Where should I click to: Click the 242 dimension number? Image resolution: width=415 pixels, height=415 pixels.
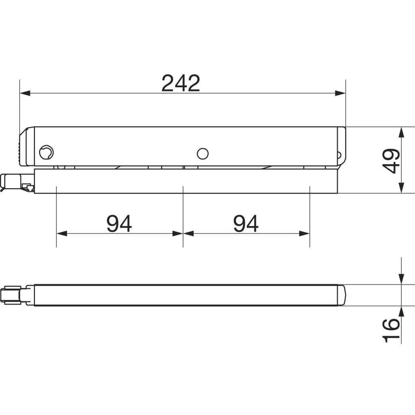coord(180,83)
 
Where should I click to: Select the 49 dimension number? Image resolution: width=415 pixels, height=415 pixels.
coord(391,161)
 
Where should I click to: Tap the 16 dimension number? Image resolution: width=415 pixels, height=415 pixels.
coord(391,330)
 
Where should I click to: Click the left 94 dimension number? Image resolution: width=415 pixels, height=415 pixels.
coord(119,223)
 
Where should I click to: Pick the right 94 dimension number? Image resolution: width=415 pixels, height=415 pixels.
coord(246,223)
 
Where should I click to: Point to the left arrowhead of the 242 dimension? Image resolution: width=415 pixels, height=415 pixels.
coord(25,93)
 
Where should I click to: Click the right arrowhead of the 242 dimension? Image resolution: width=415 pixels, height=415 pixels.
coord(340,93)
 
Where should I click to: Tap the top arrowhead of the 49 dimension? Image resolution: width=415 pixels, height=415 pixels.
coord(402,133)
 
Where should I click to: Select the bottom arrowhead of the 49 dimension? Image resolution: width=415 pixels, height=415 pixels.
coord(402,188)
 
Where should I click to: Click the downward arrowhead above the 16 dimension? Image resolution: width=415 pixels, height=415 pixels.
coord(402,280)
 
